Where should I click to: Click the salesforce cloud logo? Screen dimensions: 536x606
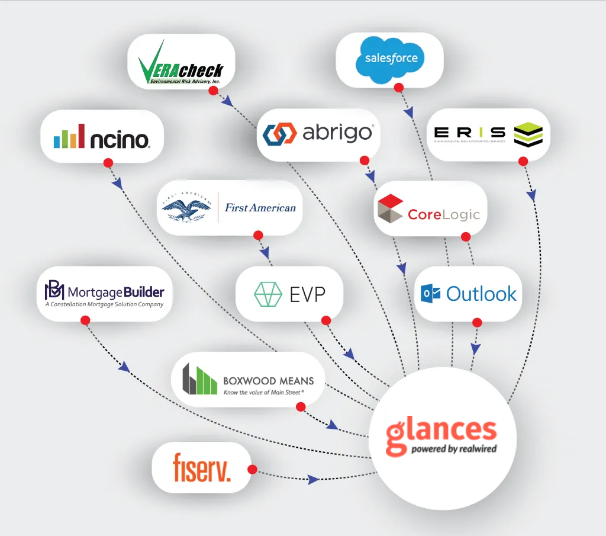[391, 59]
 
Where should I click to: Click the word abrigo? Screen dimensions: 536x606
[337, 133]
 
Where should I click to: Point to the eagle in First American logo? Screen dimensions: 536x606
[186, 207]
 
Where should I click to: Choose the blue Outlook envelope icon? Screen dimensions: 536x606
[430, 294]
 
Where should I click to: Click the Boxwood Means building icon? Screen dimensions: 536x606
[199, 380]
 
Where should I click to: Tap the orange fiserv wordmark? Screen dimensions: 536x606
[202, 467]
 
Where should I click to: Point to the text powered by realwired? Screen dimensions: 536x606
[454, 449]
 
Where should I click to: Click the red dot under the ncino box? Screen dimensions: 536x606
[108, 162]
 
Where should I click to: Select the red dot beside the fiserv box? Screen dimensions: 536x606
[252, 470]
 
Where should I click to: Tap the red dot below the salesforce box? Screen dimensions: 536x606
[399, 88]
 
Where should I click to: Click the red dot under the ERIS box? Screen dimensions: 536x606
[523, 161]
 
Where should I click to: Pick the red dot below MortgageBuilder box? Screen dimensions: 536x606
[85, 320]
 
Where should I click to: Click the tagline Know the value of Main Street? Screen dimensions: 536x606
[263, 392]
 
